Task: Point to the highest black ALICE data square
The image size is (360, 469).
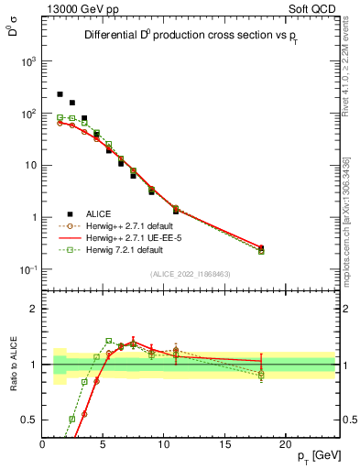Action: coord(60,94)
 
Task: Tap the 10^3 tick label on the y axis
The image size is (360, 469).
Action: coord(27,61)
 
